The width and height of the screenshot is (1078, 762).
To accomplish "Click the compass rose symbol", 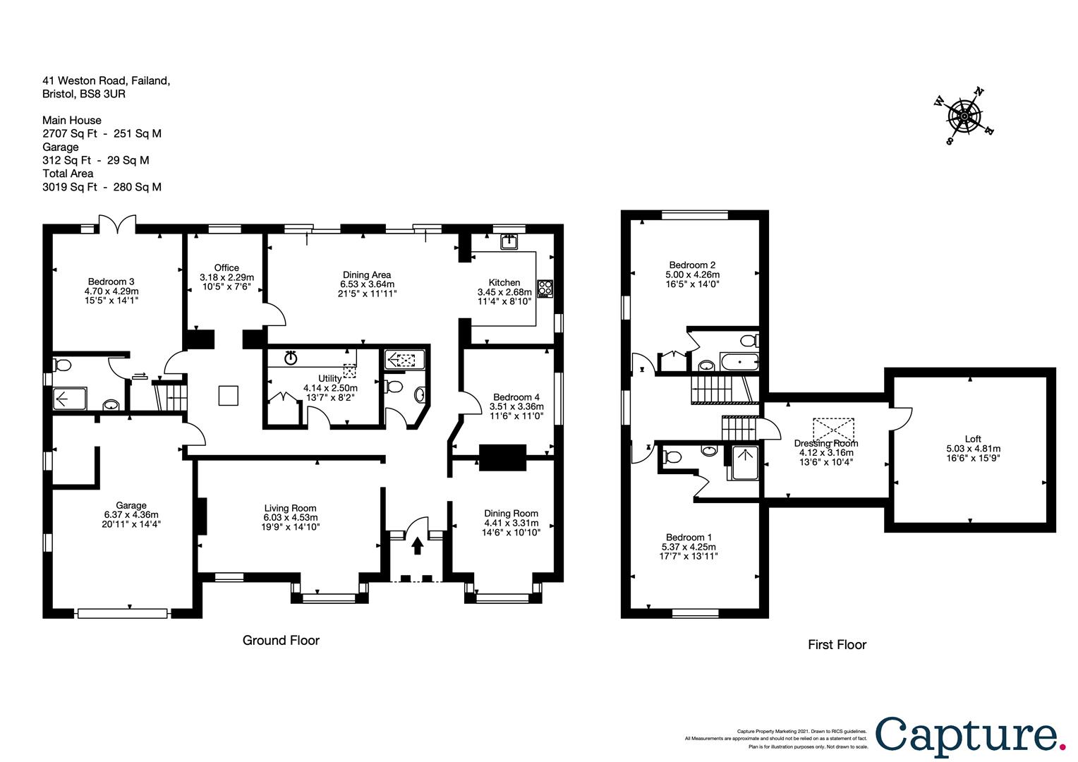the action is point(964,116).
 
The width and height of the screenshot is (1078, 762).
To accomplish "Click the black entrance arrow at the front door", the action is point(417,545).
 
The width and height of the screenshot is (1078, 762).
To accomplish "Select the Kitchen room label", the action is point(504,282).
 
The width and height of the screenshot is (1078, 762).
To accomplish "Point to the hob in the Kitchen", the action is point(545,289).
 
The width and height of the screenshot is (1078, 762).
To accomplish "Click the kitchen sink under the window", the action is point(509,241).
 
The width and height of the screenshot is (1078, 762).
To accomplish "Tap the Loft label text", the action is point(973,439).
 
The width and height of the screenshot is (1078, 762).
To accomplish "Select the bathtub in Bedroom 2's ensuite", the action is point(739,361).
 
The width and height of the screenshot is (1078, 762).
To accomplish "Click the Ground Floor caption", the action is point(281,640).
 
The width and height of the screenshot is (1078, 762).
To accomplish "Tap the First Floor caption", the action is point(837,645).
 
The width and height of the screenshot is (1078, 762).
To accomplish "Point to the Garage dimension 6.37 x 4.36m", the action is point(131,514).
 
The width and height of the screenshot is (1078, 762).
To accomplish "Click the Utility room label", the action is point(329,379).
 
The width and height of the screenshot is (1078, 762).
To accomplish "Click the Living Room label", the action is point(290,508).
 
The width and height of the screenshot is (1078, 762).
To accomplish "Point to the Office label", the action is point(226,267).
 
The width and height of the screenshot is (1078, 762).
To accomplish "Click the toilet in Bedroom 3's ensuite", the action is point(61,365).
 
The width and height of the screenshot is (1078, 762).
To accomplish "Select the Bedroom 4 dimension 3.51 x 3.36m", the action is point(516,406).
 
